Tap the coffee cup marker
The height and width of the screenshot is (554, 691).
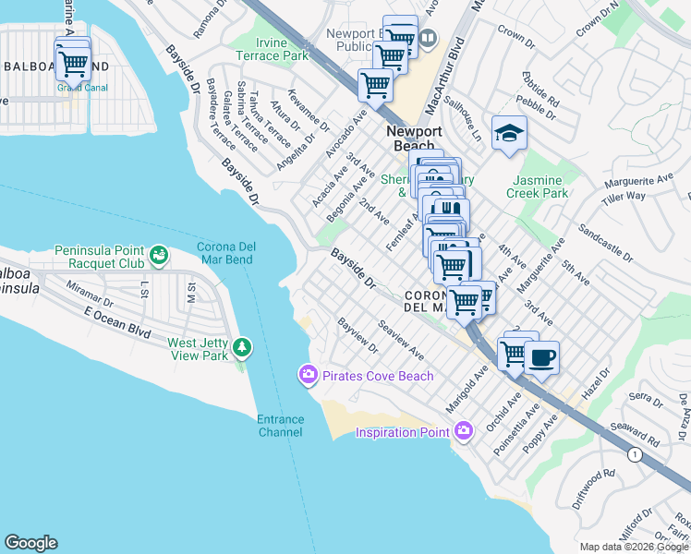pos(541,358)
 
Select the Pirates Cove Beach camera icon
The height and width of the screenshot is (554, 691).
pos(307,375)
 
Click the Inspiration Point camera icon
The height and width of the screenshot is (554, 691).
pos(464,431)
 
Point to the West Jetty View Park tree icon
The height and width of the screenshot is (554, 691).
pos(242,348)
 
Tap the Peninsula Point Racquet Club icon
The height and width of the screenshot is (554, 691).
pos(159,254)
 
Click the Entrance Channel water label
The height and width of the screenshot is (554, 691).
pos(280,426)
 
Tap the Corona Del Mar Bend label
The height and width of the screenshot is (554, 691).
pos(237,253)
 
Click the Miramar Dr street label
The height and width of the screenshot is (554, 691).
pos(90,295)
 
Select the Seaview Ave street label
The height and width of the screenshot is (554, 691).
pos(401,340)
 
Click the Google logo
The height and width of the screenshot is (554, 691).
pos(30,543)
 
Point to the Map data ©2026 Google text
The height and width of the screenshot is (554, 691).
pos(634,547)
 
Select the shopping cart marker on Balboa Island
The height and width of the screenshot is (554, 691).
pos(72,63)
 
